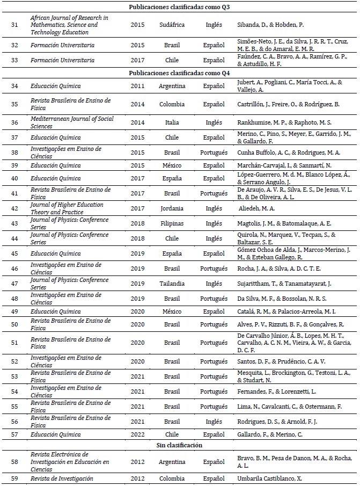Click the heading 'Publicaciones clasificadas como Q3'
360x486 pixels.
tap(180, 7)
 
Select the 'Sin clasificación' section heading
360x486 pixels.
tap(180, 445)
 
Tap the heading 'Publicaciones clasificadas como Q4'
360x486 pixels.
tap(180, 73)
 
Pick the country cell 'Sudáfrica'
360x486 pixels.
tap(172, 25)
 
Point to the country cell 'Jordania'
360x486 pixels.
tap(172, 208)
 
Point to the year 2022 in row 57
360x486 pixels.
tap(137, 434)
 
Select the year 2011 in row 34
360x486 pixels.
tap(137, 85)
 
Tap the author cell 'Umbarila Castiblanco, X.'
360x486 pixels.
tap(269, 478)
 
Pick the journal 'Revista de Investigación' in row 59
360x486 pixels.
tap(62, 478)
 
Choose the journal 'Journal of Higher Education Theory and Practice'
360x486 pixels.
tap(67, 208)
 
